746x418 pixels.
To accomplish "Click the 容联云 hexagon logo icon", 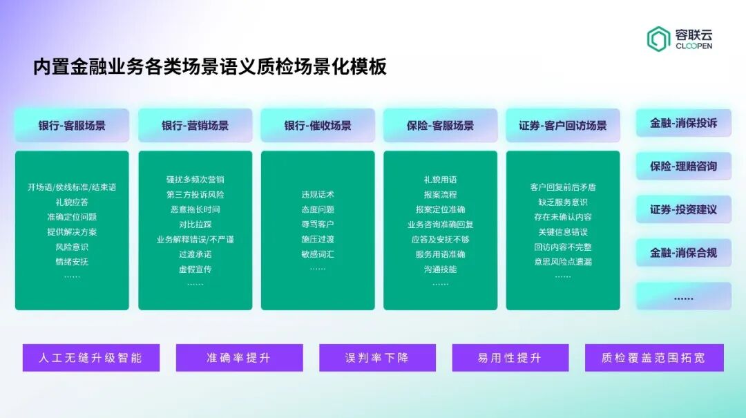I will pos(658,39).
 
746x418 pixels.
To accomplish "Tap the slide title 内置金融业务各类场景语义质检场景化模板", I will pos(210,67).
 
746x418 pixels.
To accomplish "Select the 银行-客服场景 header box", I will pos(72,126).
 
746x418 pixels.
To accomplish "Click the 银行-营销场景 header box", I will pos(195,126).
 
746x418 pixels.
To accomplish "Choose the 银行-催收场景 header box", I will pos(318,126).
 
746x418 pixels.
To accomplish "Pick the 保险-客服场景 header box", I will pos(440,126).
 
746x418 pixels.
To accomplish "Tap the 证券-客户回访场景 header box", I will pos(563,126).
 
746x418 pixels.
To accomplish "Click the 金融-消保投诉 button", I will pos(683,123).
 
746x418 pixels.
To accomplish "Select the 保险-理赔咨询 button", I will pos(683,167).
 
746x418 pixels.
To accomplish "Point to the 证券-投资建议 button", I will pos(683,209).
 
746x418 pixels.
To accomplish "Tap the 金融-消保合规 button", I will pos(683,253).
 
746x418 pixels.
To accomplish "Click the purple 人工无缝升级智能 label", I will pos(91,358).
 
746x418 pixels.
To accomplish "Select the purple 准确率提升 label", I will pos(239,358).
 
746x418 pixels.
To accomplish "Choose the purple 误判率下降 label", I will pos(377,358).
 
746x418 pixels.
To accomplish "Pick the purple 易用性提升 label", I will pos(510,358).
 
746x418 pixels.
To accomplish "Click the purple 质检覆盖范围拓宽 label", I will pos(653,358).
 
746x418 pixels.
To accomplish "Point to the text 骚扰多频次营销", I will pos(195,180).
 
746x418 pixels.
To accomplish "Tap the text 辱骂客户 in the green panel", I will pos(318,224).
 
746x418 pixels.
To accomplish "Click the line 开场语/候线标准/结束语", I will pos(72,187).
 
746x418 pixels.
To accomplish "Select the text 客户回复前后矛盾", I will pos(563,187).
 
